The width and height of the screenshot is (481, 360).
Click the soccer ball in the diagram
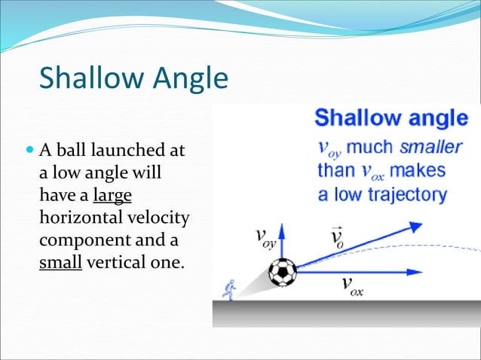click(x=283, y=273)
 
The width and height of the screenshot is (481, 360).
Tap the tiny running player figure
click(x=229, y=288)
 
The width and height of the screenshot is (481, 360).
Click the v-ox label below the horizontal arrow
click(x=352, y=285)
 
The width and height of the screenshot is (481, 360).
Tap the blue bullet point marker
click(x=29, y=151)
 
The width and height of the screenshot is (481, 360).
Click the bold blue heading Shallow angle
click(x=391, y=118)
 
